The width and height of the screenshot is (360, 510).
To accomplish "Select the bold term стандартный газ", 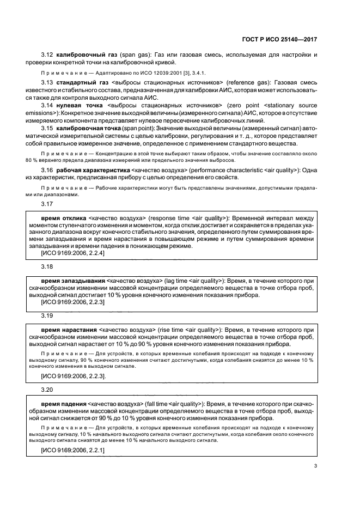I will tap(81, 82).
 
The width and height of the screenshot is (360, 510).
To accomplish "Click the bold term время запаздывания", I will tap(74, 282).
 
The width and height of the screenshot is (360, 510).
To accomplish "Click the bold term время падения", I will tap(63, 404).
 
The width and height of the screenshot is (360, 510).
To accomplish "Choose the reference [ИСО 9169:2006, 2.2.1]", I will tap(72, 451).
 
